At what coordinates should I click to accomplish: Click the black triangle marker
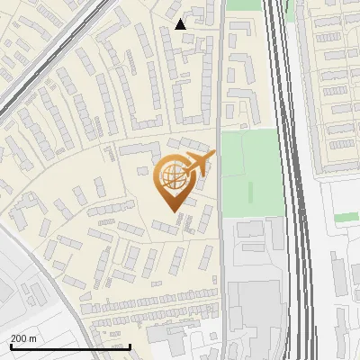pyautogui.click(x=181, y=24)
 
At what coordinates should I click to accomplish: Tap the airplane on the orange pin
pyautogui.click(x=200, y=164)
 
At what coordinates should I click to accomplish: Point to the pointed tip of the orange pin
pyautogui.click(x=172, y=211)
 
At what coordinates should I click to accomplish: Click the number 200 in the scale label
pyautogui.click(x=19, y=338)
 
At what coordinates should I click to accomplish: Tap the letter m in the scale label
pyautogui.click(x=32, y=338)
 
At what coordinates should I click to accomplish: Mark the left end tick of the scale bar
pyautogui.click(x=10, y=346)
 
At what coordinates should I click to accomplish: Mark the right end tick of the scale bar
pyautogui.click(x=130, y=346)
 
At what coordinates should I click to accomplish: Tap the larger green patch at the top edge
pyautogui.click(x=240, y=4)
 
